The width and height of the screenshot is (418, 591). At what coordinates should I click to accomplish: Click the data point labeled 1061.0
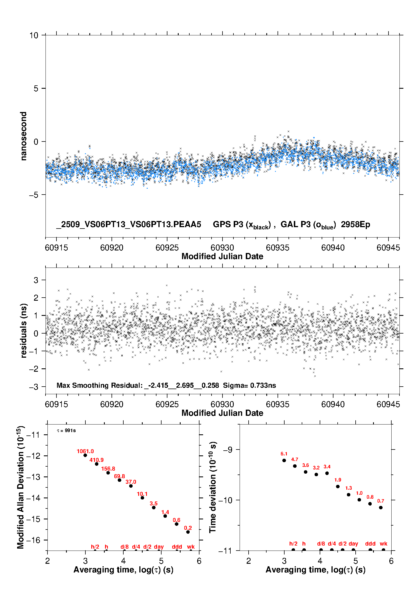tap(85, 455)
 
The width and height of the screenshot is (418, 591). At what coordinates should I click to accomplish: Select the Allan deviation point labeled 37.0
tap(131, 486)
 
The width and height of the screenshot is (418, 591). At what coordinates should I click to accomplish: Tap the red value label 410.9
tap(96, 460)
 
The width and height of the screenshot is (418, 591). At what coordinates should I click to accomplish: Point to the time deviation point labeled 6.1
tap(284, 460)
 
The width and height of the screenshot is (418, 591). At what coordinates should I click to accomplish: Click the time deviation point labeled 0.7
tap(381, 507)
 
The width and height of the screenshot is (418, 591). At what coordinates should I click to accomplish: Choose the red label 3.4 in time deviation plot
tap(327, 467)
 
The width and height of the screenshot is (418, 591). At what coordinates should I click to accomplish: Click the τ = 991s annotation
tap(66, 431)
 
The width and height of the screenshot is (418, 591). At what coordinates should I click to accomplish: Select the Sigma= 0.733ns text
tap(249, 385)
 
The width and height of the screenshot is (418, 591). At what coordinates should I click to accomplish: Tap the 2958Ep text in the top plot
tap(355, 224)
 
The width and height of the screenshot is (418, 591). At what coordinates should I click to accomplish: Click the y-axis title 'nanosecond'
tap(24, 136)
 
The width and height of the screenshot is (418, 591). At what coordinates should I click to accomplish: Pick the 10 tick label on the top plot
tap(34, 35)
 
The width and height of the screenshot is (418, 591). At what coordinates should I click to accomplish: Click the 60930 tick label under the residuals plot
tap(222, 404)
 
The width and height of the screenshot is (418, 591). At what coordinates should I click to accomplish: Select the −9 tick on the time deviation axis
tap(228, 450)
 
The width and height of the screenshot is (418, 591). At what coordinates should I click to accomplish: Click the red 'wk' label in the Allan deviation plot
tap(191, 547)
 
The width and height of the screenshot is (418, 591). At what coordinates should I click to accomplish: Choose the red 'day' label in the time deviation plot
tap(353, 544)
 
